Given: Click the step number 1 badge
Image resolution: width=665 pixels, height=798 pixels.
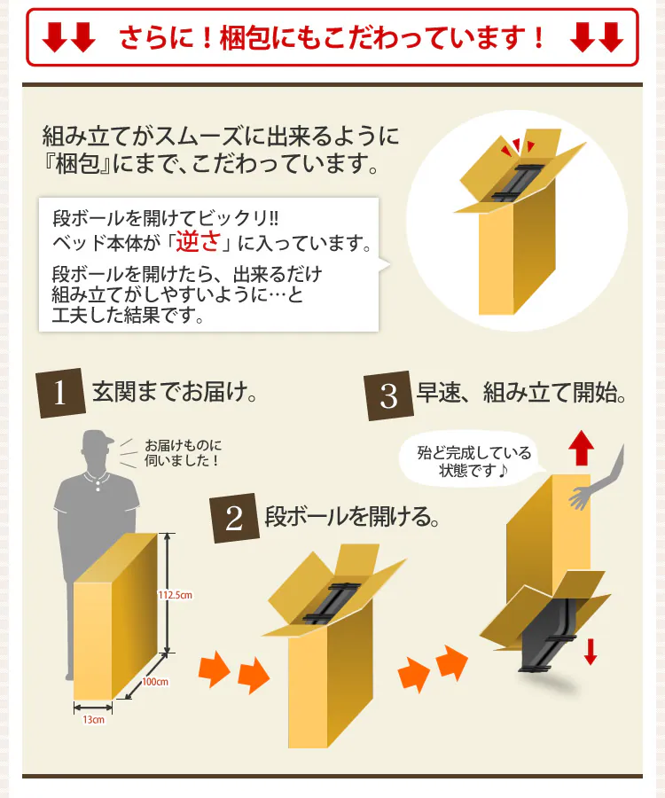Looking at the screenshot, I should click(x=60, y=394).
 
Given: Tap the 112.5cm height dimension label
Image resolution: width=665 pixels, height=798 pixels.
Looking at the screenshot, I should click(x=176, y=595).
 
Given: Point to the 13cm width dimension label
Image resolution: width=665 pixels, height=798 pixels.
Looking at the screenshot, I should click(x=94, y=720).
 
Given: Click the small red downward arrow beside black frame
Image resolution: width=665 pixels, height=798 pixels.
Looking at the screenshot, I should click(x=591, y=652).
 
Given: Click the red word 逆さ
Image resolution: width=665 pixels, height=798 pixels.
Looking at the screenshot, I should click(x=198, y=241).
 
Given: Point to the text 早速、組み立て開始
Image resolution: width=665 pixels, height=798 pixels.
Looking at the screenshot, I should click(x=520, y=394).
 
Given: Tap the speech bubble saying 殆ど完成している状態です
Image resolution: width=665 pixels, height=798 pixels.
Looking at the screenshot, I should click(x=474, y=461).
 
